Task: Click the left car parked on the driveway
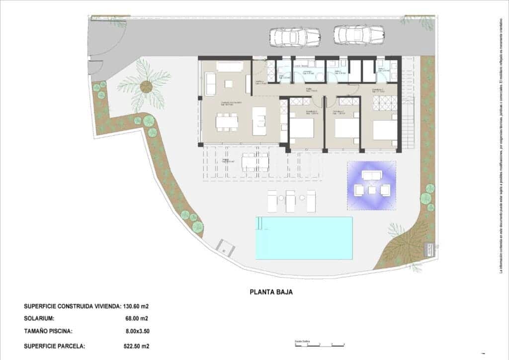[294, 36]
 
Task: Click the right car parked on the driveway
[359, 35]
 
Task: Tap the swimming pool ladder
[259, 225]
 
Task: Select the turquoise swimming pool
[304, 238]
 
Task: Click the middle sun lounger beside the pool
[290, 200]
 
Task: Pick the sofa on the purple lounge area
[371, 175]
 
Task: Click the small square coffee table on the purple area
[371, 189]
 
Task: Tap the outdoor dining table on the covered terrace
[255, 162]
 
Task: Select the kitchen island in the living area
[259, 121]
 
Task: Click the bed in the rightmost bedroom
[384, 129]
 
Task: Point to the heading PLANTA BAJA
[270, 292]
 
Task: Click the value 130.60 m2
[136, 306]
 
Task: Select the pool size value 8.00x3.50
[137, 331]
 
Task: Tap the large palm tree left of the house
[146, 86]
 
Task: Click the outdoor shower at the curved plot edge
[226, 247]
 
